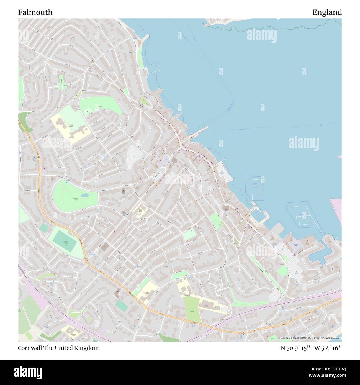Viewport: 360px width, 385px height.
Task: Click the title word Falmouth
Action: tap(35, 12)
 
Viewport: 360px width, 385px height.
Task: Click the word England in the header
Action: tap(327, 12)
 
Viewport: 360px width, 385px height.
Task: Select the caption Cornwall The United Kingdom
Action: tap(58, 348)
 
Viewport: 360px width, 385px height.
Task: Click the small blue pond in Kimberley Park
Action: tap(85, 196)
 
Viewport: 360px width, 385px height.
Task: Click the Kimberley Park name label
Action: tap(76, 199)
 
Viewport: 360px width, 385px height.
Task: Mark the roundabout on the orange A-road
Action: tap(86, 260)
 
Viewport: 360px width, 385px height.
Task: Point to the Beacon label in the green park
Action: tap(101, 107)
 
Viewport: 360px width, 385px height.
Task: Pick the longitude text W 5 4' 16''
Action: tap(328, 348)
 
